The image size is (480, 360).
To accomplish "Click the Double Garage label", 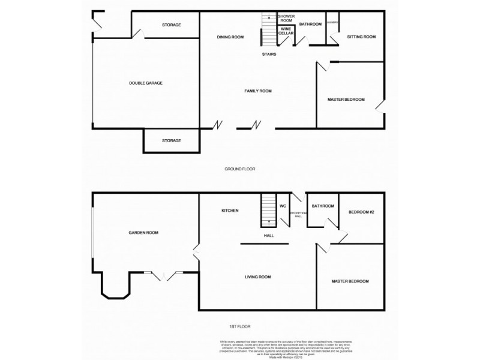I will pyautogui.click(x=146, y=83).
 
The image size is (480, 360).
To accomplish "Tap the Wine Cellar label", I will pyautogui.click(x=287, y=31).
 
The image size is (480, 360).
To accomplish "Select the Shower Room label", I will pyautogui.click(x=285, y=18).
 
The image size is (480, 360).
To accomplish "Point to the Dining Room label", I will pyautogui.click(x=230, y=37).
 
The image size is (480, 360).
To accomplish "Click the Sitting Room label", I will pyautogui.click(x=361, y=37).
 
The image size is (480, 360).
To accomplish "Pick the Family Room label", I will pyautogui.click(x=258, y=91).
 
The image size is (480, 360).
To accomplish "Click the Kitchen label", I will pyautogui.click(x=230, y=211).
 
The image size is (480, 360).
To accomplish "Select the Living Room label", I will pyautogui.click(x=258, y=277).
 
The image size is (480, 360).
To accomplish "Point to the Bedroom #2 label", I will pyautogui.click(x=361, y=212).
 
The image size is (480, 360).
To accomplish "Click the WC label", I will pyautogui.click(x=283, y=206).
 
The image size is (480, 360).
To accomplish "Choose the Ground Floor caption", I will pyautogui.click(x=240, y=169).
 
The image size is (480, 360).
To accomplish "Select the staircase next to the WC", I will pyautogui.click(x=268, y=210).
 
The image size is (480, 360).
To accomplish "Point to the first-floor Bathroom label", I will pyautogui.click(x=323, y=206).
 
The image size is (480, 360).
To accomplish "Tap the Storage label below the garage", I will pyautogui.click(x=171, y=140).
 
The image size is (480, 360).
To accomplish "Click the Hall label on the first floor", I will pyautogui.click(x=269, y=235).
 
